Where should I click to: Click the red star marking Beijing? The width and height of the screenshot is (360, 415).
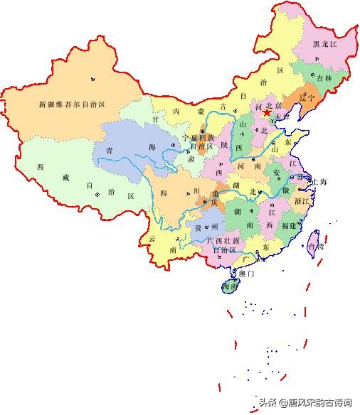[x=266, y=112]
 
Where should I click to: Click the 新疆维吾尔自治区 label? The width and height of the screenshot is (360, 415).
[x=73, y=104]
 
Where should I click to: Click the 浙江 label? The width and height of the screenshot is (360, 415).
[x=302, y=201]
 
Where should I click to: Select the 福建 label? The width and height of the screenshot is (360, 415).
[x=289, y=225]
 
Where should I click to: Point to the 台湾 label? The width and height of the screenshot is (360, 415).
[x=314, y=247]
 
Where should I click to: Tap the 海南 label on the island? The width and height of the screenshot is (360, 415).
[x=230, y=287]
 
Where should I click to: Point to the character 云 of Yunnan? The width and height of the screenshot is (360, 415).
[x=152, y=239]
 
